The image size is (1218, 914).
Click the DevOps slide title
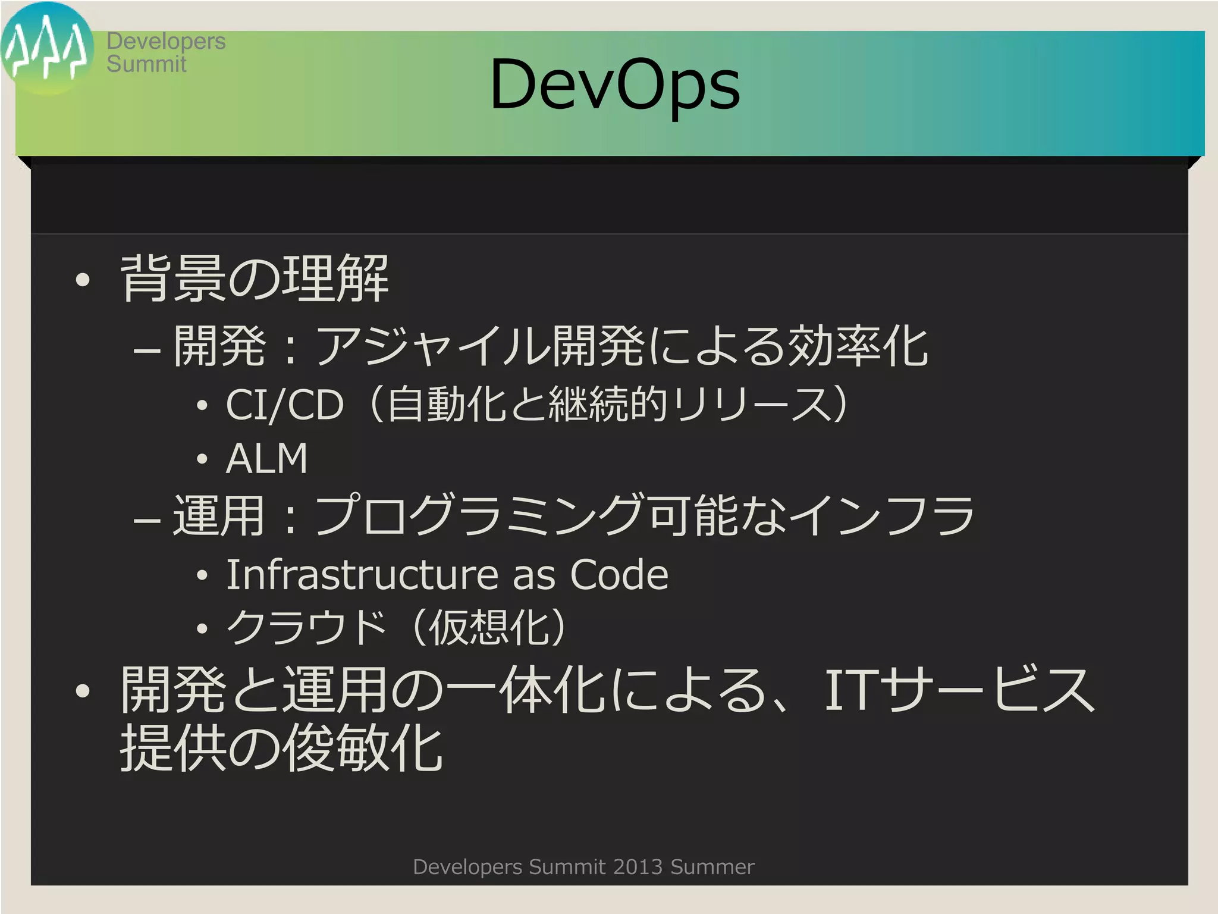pos(615,84)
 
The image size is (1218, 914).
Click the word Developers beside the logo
pos(166,41)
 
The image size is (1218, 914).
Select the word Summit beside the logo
pos(146,64)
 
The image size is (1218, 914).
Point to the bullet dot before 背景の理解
pos(83,280)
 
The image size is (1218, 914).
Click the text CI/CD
pos(285,405)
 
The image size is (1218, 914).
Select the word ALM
pos(267,459)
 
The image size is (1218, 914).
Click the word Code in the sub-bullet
pos(619,575)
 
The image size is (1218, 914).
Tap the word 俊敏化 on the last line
pos(363,749)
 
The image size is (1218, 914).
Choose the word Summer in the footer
pos(712,867)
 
